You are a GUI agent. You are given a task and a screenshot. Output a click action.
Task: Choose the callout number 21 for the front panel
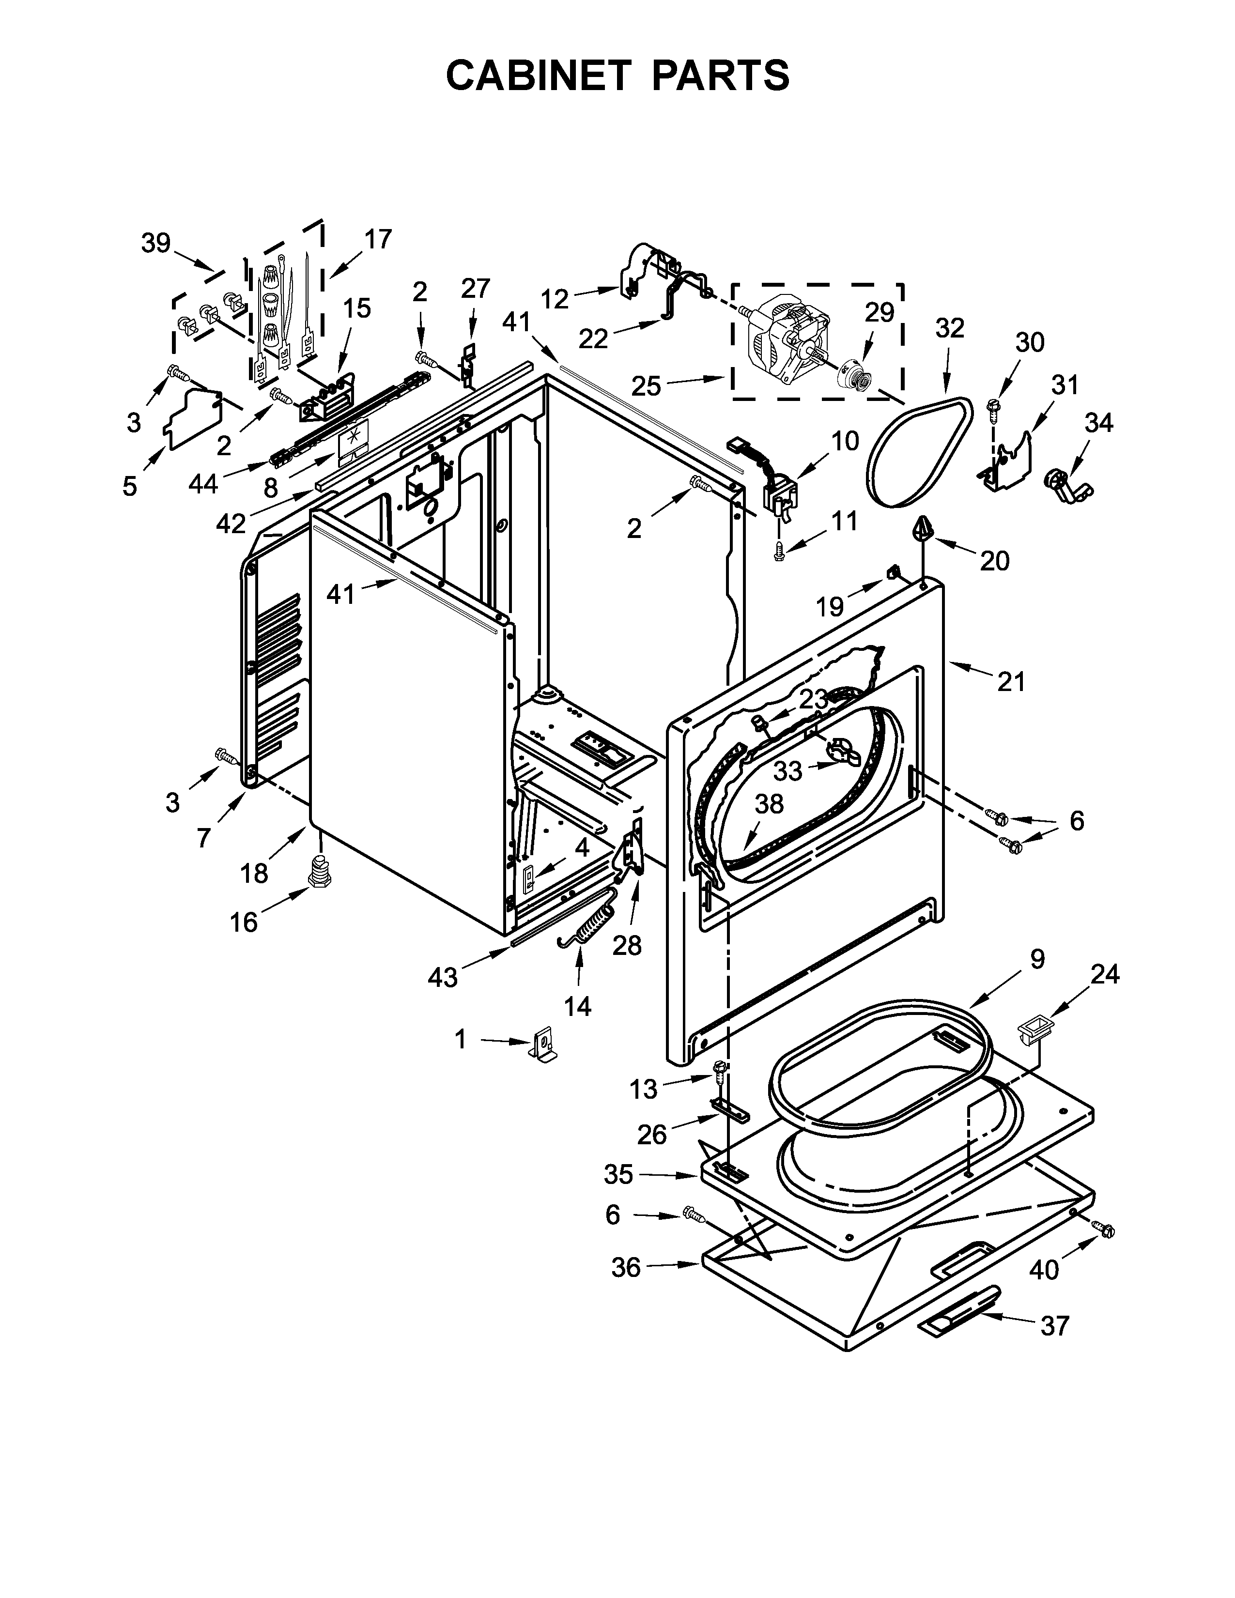(x=1011, y=682)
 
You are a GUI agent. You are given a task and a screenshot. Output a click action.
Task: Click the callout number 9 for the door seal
(x=1037, y=959)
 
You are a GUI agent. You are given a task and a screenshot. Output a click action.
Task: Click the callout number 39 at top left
(x=156, y=242)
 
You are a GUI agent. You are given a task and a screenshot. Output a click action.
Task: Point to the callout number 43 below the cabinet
(x=443, y=977)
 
